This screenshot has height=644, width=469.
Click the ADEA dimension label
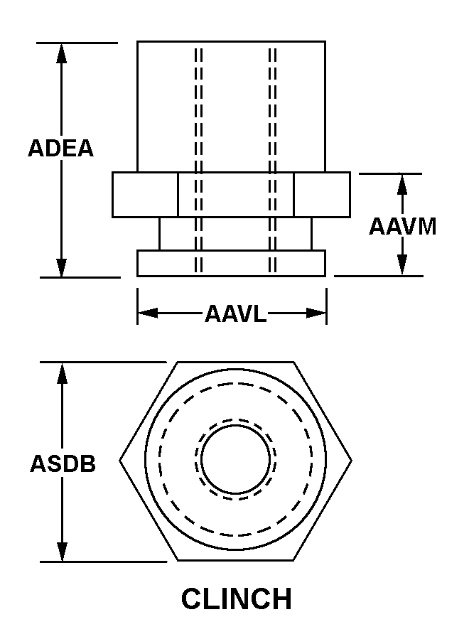[60, 149]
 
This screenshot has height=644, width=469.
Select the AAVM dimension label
[402, 226]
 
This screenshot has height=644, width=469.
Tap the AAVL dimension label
[235, 313]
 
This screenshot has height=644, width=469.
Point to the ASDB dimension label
[63, 463]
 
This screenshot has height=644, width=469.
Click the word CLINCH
[236, 599]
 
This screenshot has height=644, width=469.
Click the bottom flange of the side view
[231, 263]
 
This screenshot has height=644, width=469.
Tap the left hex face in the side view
[145, 195]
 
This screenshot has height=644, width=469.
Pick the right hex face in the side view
[321, 195]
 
